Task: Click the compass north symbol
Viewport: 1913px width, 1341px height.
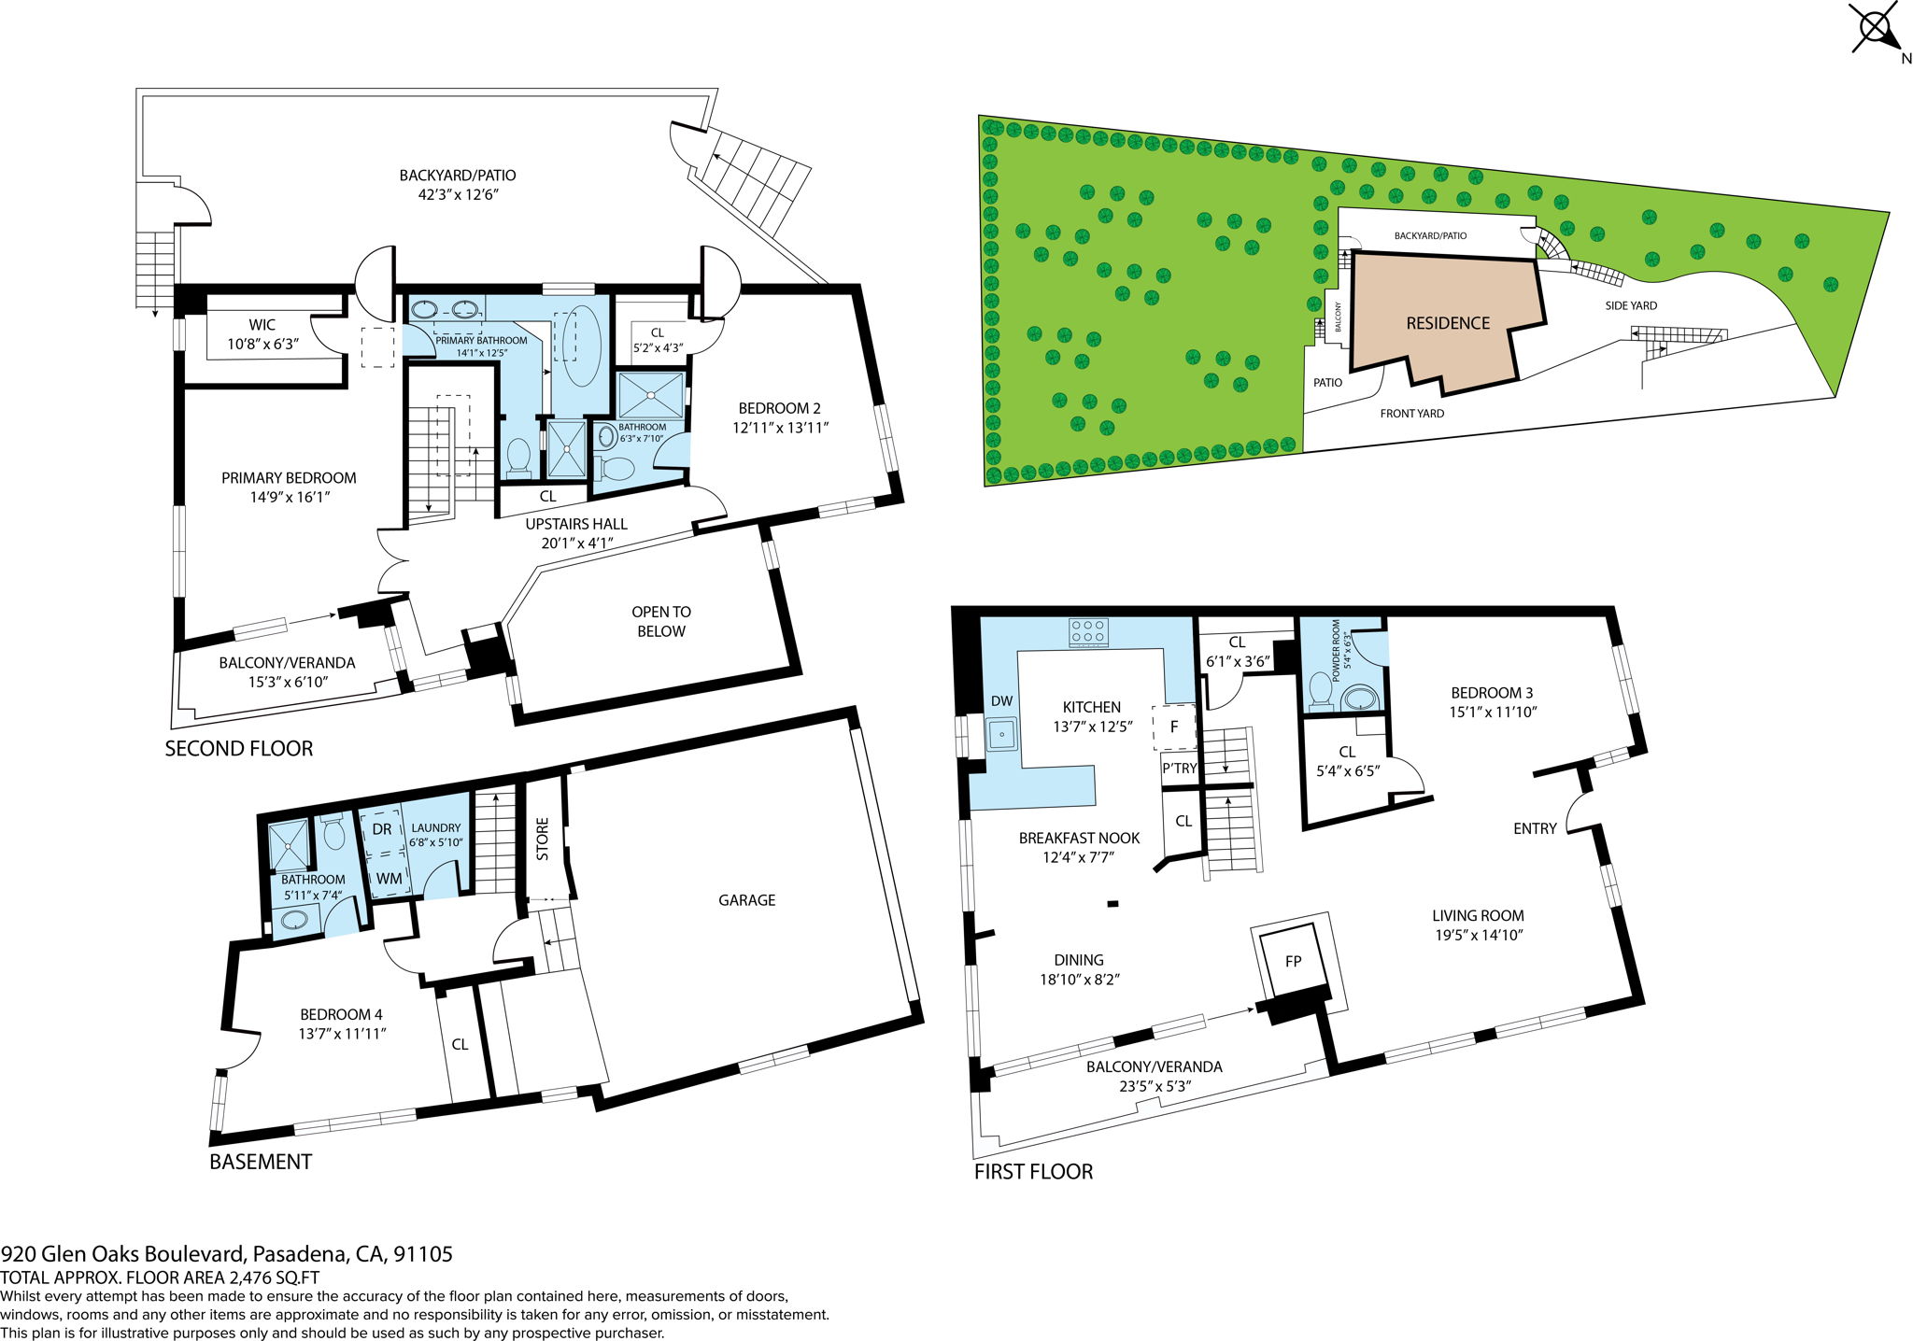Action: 1876,29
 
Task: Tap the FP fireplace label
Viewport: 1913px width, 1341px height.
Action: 1293,961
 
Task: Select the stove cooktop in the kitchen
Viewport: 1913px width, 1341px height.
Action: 1088,632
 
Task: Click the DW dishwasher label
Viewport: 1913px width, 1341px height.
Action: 1001,701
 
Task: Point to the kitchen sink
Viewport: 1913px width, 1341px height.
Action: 1002,735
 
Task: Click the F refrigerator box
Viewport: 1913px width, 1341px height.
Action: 1174,727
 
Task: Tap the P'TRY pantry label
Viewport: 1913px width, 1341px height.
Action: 1179,769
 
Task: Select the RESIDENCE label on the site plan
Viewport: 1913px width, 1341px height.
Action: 1448,323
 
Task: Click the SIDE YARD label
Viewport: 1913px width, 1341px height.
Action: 1631,305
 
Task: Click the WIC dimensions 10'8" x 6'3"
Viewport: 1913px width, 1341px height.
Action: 262,344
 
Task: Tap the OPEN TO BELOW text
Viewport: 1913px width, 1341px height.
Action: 661,621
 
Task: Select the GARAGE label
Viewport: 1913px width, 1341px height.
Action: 746,900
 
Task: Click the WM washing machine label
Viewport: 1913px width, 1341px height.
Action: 389,879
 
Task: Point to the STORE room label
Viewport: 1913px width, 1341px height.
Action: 543,839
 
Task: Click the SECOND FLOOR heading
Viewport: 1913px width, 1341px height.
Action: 238,748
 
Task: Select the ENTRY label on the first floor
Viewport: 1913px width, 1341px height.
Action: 1535,828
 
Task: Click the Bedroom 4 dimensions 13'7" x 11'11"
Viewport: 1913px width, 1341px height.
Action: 342,1034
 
